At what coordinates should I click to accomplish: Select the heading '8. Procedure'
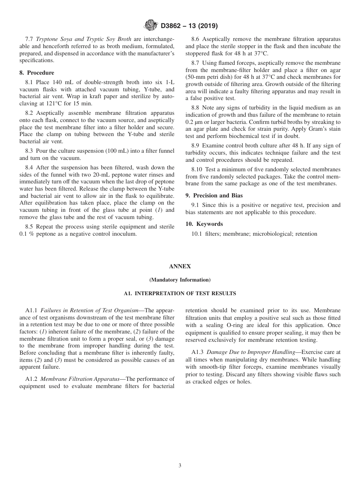pyautogui.click(x=37, y=73)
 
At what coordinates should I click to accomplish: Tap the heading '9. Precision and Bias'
pyautogui.click(x=214, y=196)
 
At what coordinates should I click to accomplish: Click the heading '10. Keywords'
pyautogui.click(x=204, y=224)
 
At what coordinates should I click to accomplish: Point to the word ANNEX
pyautogui.click(x=180, y=266)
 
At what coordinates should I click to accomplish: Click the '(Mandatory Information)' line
pyautogui.click(x=180, y=280)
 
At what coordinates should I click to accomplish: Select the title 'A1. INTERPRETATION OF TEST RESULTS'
pyautogui.click(x=180, y=293)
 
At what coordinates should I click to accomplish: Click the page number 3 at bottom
pyautogui.click(x=180, y=466)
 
